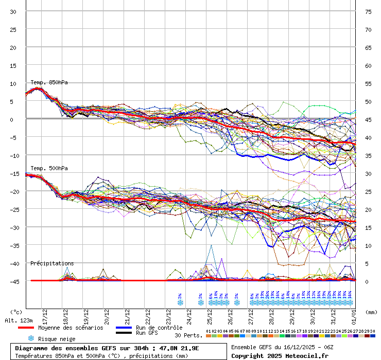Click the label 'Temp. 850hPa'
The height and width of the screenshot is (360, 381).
point(49,82)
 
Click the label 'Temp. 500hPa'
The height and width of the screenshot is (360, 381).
point(49,168)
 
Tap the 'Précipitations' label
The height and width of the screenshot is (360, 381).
point(52,263)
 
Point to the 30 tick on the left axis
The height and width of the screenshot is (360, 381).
point(13,11)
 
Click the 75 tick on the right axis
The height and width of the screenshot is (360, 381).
point(368,11)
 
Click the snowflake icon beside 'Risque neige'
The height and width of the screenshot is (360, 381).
point(31,338)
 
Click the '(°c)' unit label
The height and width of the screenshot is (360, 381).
point(16,312)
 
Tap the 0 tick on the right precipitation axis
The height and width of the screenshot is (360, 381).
point(367,281)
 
